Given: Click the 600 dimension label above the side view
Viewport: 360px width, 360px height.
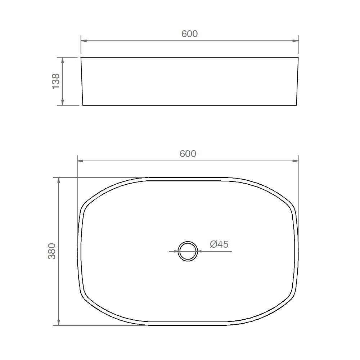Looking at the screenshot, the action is coord(189,34).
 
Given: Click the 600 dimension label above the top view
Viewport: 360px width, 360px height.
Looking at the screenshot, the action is coord(188,154).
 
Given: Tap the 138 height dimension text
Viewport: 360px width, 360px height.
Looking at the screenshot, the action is coord(56,81).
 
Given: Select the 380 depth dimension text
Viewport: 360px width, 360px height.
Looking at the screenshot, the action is coord(52,251).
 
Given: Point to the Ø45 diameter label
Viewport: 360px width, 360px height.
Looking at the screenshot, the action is coord(219,244).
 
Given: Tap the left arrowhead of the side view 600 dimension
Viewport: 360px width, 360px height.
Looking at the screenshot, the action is coord(84,41).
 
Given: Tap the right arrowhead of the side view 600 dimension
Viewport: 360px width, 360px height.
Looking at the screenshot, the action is coord(295,41).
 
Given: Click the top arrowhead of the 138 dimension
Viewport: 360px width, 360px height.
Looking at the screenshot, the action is coord(62,60).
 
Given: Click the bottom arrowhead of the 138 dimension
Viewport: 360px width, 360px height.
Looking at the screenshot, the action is coord(62,102).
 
